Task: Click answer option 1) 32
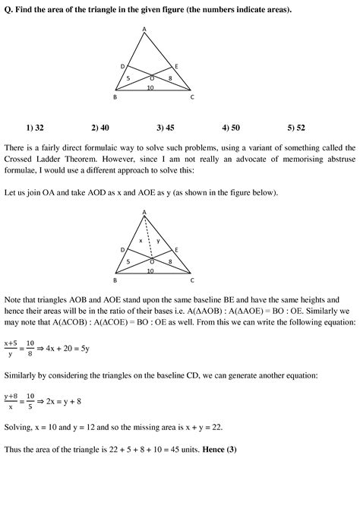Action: [34, 128]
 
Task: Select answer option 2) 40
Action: [99, 128]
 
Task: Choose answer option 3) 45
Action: [166, 128]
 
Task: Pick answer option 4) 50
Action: [231, 128]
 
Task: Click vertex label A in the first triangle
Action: [145, 30]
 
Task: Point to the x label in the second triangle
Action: [140, 240]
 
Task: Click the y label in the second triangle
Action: [156, 240]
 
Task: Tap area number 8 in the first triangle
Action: [169, 78]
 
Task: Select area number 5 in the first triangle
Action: [128, 78]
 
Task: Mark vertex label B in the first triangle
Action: [115, 97]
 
